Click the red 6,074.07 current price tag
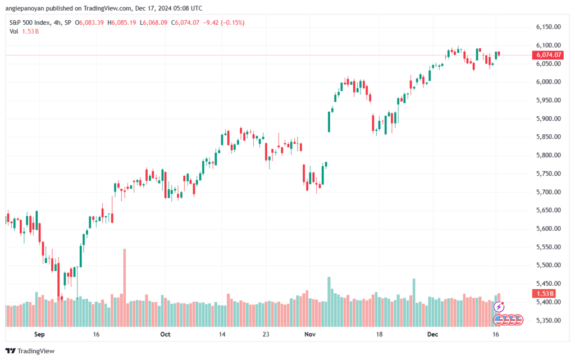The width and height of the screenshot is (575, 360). [x=547, y=55]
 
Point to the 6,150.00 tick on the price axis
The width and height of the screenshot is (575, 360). [x=548, y=27]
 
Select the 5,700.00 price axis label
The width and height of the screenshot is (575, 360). [x=548, y=192]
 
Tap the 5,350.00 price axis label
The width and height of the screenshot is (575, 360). [x=548, y=321]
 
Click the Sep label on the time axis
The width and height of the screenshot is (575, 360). [x=39, y=334]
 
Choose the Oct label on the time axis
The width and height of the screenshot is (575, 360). [x=166, y=334]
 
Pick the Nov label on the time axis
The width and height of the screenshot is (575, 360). [x=310, y=334]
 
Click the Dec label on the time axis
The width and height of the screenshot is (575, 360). [x=433, y=334]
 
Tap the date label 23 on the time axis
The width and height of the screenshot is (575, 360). [x=266, y=334]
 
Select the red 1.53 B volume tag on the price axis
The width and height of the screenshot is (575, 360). [x=544, y=294]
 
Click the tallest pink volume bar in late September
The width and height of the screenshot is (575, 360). [x=125, y=288]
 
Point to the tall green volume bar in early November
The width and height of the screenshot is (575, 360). [x=329, y=302]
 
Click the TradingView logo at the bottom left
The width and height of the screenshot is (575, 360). [x=30, y=351]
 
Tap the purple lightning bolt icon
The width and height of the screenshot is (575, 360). [x=499, y=307]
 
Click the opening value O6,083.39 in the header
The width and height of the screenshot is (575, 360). [x=89, y=22]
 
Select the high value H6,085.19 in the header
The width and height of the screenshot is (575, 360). [x=121, y=22]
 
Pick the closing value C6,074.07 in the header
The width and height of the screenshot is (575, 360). [x=185, y=22]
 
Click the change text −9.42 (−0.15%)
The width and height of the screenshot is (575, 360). [x=223, y=22]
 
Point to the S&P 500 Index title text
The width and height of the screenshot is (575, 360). [x=30, y=22]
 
